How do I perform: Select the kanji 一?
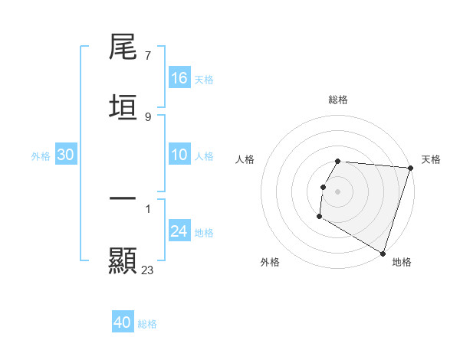point(123,198)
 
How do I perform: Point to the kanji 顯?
point(123,260)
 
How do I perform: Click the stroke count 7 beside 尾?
point(147,56)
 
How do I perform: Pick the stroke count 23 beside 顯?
point(148,270)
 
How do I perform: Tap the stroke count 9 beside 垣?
point(147,116)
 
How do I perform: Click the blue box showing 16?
point(179,77)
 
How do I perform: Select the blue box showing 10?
point(179,155)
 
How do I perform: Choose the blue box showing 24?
point(179,231)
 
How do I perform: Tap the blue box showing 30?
point(66,155)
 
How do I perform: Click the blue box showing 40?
point(123,322)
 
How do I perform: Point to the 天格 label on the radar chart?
point(431,159)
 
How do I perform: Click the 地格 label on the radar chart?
point(402,262)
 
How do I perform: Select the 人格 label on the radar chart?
point(245,159)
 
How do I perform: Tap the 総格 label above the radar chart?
point(338,100)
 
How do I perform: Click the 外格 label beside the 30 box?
point(41,155)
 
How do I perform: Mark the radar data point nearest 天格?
point(410,168)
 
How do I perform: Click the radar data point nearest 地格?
point(383,252)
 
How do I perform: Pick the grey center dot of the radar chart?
point(338,191)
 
